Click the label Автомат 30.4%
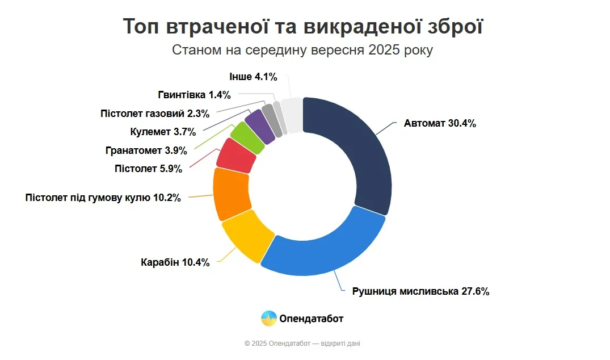440,123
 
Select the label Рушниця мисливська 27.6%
420,291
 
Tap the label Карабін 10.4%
175,262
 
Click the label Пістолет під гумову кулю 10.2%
103,198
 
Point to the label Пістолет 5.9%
148,168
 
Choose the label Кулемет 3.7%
163,132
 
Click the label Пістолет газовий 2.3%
155,113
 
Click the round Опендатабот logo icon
268,319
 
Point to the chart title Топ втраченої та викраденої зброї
303,27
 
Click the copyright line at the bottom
302,344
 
